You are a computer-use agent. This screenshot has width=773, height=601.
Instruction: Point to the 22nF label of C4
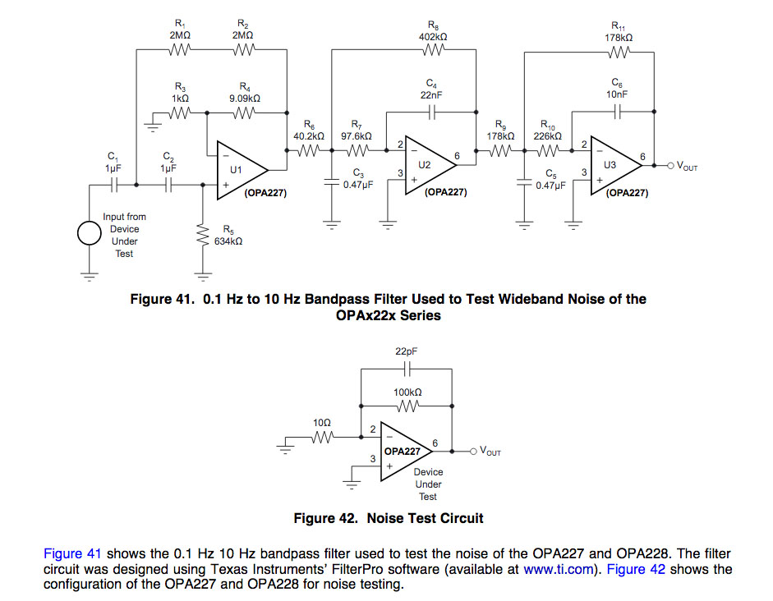pyautogui.click(x=431, y=96)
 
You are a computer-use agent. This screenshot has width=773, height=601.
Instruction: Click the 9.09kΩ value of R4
pyautogui.click(x=245, y=98)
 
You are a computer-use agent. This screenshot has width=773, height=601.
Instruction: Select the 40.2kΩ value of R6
pyautogui.click(x=309, y=135)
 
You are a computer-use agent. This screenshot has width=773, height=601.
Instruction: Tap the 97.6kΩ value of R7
pyautogui.click(x=357, y=135)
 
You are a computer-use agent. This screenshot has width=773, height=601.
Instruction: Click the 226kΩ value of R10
pyautogui.click(x=547, y=135)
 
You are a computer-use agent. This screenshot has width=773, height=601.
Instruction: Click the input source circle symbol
pyautogui.click(x=90, y=233)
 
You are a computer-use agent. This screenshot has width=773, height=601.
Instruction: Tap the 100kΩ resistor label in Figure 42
pyautogui.click(x=407, y=392)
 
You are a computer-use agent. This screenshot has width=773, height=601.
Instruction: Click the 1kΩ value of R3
pyautogui.click(x=181, y=98)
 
